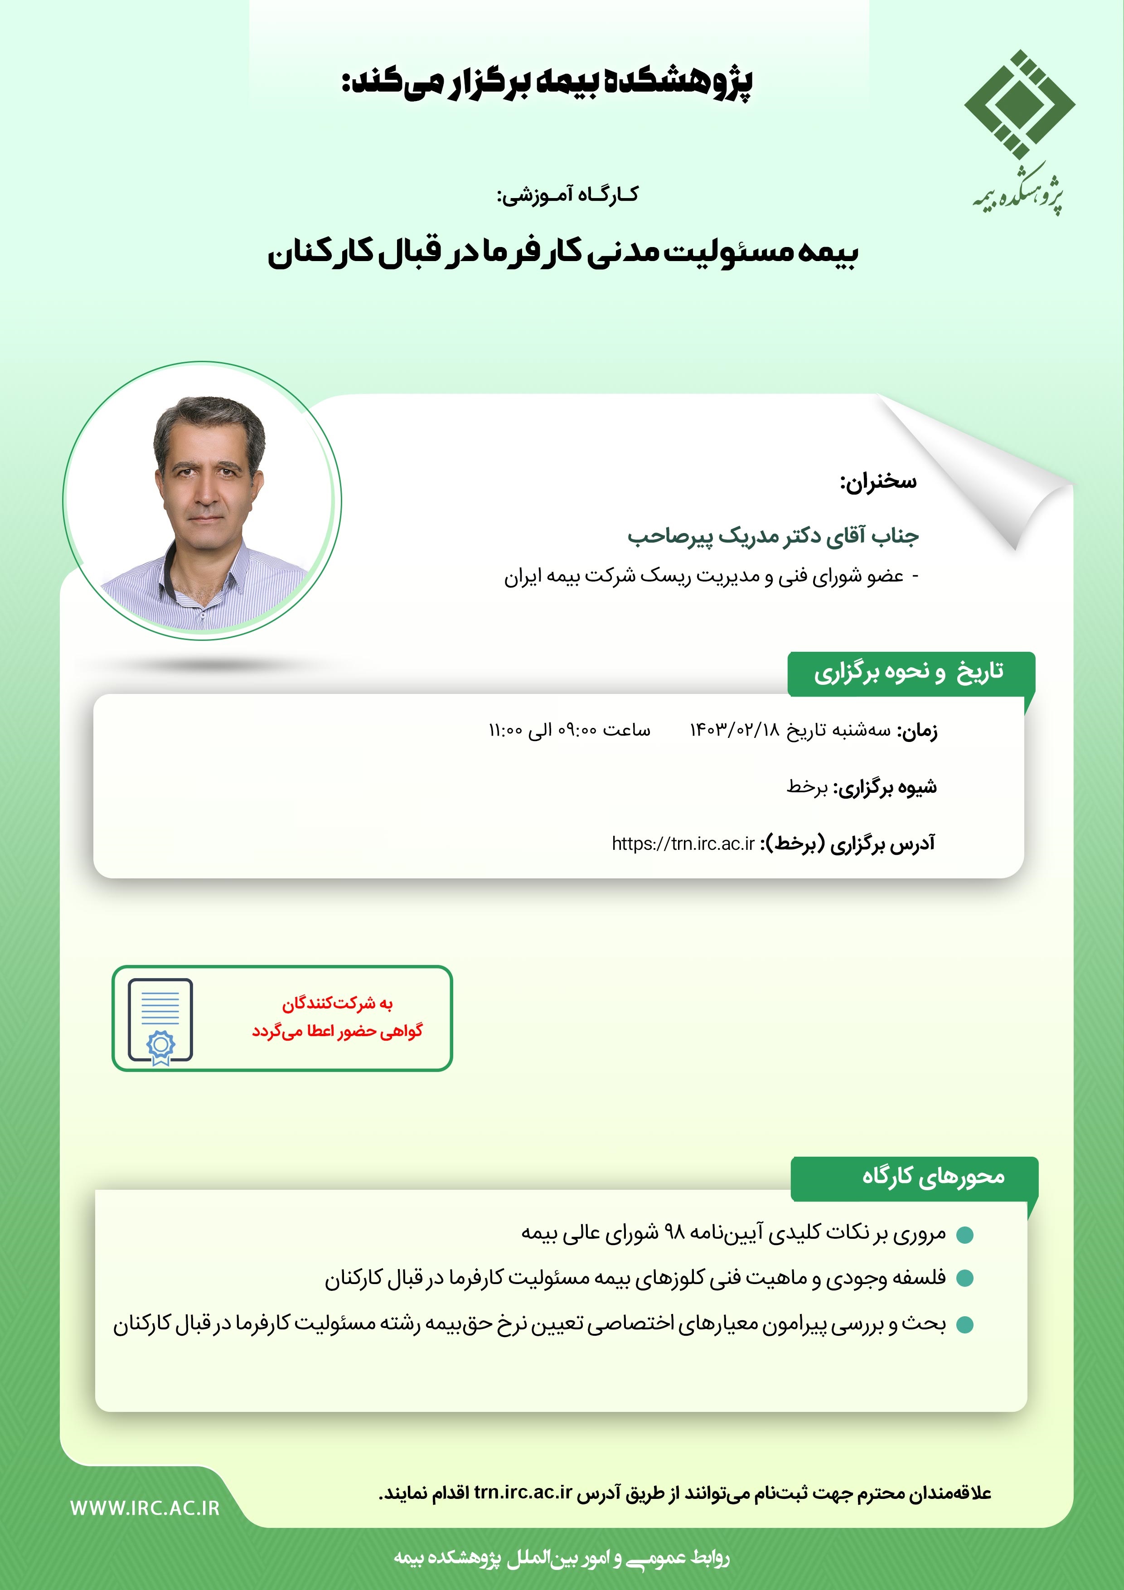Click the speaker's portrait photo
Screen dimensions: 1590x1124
202,500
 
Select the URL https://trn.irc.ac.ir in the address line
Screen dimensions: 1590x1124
683,843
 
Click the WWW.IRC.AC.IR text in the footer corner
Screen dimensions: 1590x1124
145,1508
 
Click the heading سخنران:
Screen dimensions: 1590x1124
878,481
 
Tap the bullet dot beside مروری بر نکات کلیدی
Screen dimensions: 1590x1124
965,1235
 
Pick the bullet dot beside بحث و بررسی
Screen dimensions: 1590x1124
965,1325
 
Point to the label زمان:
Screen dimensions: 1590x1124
918,731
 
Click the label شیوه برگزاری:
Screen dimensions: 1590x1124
885,787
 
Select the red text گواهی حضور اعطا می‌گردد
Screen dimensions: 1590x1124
337,1031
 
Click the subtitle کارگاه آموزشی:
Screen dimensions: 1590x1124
568,195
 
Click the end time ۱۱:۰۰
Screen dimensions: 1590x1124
505,730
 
